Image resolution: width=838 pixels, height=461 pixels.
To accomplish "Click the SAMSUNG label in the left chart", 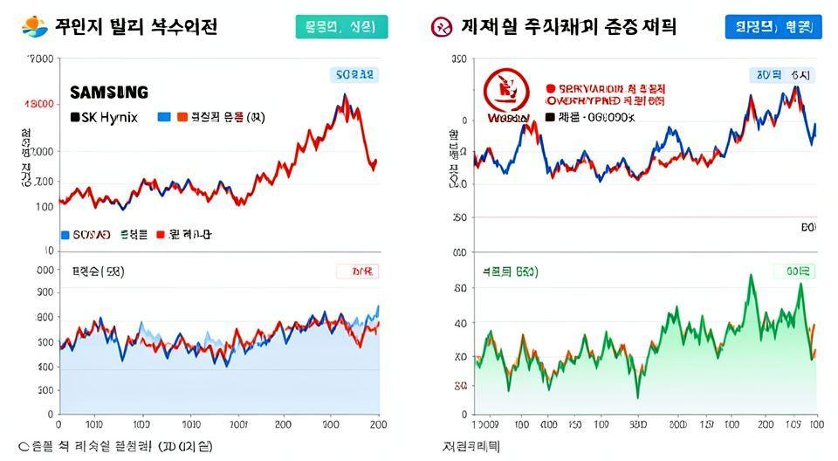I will pos(108,93).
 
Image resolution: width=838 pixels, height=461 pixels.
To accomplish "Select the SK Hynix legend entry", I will pos(104,117).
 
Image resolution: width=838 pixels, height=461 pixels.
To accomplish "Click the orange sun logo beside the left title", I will pos(34,27).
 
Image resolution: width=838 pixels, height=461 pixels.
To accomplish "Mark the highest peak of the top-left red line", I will pos(344,95).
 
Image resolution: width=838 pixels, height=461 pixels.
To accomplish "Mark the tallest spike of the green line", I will pos(752,276).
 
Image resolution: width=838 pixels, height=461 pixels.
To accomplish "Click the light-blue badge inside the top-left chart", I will pos(353,75).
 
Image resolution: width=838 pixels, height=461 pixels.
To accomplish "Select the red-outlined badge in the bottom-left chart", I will pos(357,272).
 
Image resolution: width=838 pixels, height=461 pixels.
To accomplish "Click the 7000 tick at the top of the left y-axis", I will pos(40,59).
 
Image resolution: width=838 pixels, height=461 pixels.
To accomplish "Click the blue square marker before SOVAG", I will pos(65,234).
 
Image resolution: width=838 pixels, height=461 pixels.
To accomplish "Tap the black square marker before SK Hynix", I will pos(75,117).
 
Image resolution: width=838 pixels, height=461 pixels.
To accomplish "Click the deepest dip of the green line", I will pos(637,397).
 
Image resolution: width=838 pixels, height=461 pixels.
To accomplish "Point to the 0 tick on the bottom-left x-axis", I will pos(58,425).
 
